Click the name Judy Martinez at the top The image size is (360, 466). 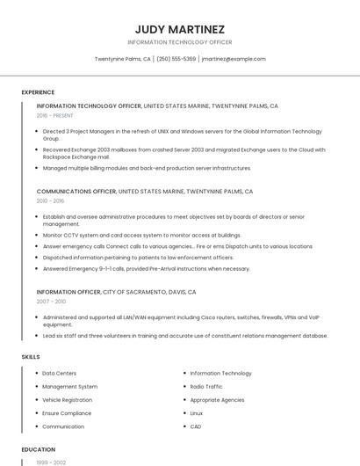click(x=179, y=28)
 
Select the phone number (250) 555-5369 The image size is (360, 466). click(x=176, y=59)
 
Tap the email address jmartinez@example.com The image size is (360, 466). click(x=233, y=59)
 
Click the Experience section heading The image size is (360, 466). click(x=38, y=91)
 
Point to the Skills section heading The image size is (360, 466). click(x=31, y=357)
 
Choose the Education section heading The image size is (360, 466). click(x=38, y=449)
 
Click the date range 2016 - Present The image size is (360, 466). click(x=55, y=115)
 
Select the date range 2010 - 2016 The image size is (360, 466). click(x=51, y=200)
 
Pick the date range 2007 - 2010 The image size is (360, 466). click(x=51, y=301)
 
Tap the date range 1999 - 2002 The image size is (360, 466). click(x=51, y=462)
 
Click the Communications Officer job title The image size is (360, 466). click(x=76, y=191)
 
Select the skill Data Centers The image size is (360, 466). click(x=59, y=373)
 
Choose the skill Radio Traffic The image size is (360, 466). click(x=206, y=386)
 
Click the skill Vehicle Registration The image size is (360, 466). click(x=67, y=399)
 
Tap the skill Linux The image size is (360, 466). click(x=197, y=412)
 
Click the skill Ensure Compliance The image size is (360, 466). click(x=67, y=412)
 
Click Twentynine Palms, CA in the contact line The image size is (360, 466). click(x=122, y=59)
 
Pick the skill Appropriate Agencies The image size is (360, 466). click(x=217, y=399)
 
